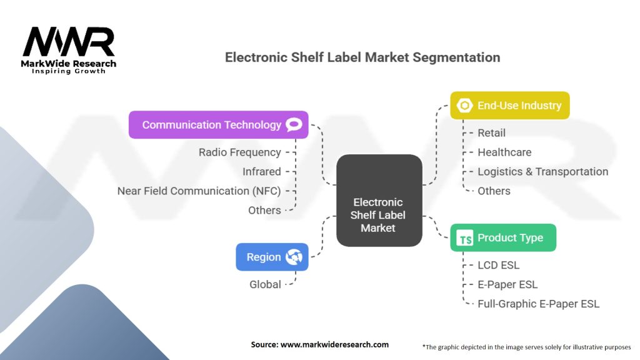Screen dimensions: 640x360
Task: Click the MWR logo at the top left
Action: pos(69,50)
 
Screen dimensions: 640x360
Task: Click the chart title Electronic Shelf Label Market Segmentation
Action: pos(362,57)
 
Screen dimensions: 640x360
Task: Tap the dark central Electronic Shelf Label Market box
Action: pos(379,201)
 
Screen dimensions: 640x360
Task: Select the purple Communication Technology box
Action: pos(218,124)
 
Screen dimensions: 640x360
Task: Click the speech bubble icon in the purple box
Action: pos(294,124)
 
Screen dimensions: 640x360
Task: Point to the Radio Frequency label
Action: pos(239,152)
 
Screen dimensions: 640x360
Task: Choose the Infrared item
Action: pos(262,171)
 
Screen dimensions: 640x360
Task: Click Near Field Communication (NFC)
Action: pos(199,191)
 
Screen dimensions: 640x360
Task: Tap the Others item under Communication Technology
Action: pos(264,210)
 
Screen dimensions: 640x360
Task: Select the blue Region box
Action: pos(272,257)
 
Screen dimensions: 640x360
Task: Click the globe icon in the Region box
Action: pos(294,257)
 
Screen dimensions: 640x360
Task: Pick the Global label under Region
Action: pos(265,284)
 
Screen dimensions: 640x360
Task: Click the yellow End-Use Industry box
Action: pos(510,105)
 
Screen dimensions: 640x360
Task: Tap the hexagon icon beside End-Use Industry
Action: pos(464,105)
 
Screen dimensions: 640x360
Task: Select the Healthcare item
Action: pos(504,152)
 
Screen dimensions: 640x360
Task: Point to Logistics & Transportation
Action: pos(543,171)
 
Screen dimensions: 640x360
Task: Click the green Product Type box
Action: pos(503,237)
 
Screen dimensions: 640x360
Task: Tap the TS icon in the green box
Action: pos(465,238)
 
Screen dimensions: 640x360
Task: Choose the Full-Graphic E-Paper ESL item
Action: pos(538,304)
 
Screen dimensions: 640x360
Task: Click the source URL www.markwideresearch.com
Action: pos(335,344)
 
